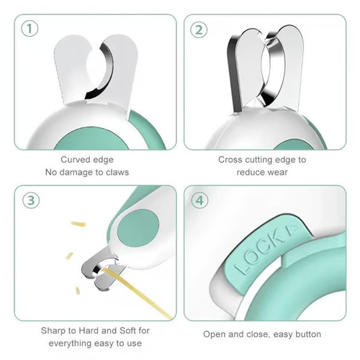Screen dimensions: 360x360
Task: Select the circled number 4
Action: (199, 201)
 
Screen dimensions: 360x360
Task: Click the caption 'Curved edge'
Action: (86, 160)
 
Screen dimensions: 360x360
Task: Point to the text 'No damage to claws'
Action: (86, 173)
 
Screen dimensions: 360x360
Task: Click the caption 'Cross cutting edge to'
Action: (262, 160)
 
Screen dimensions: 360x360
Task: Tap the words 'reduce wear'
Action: (262, 173)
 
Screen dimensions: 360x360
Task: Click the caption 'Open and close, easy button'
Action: (262, 336)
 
